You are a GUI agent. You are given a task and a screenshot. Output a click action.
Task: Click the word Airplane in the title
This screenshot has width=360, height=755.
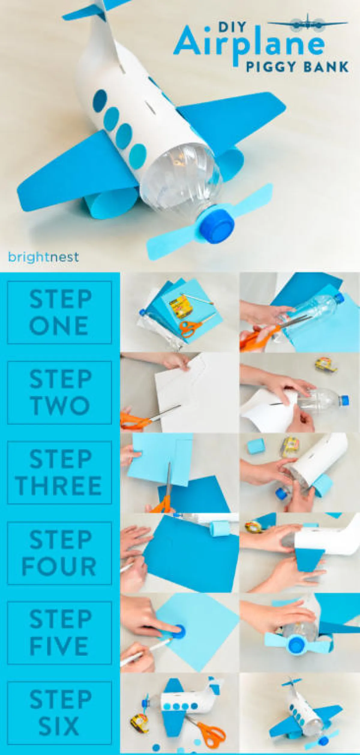[249, 45]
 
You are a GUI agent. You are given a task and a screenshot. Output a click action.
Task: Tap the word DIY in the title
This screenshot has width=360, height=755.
[228, 27]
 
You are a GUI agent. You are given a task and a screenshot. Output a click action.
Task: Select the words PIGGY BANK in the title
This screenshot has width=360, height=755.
[297, 67]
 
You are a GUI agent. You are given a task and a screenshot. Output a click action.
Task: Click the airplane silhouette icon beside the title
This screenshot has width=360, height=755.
[307, 23]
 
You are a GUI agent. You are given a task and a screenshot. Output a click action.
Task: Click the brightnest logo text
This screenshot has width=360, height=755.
[43, 257]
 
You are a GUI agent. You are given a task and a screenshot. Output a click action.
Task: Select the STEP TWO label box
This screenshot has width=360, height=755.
[59, 392]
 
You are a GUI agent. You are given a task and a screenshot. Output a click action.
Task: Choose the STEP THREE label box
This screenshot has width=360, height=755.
[59, 472]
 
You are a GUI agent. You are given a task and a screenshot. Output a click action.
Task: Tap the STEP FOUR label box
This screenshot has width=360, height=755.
[59, 553]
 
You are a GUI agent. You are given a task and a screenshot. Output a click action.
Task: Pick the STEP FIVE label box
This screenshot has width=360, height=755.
[59, 633]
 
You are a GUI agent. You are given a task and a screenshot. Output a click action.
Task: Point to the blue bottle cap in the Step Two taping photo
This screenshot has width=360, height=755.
[342, 400]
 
